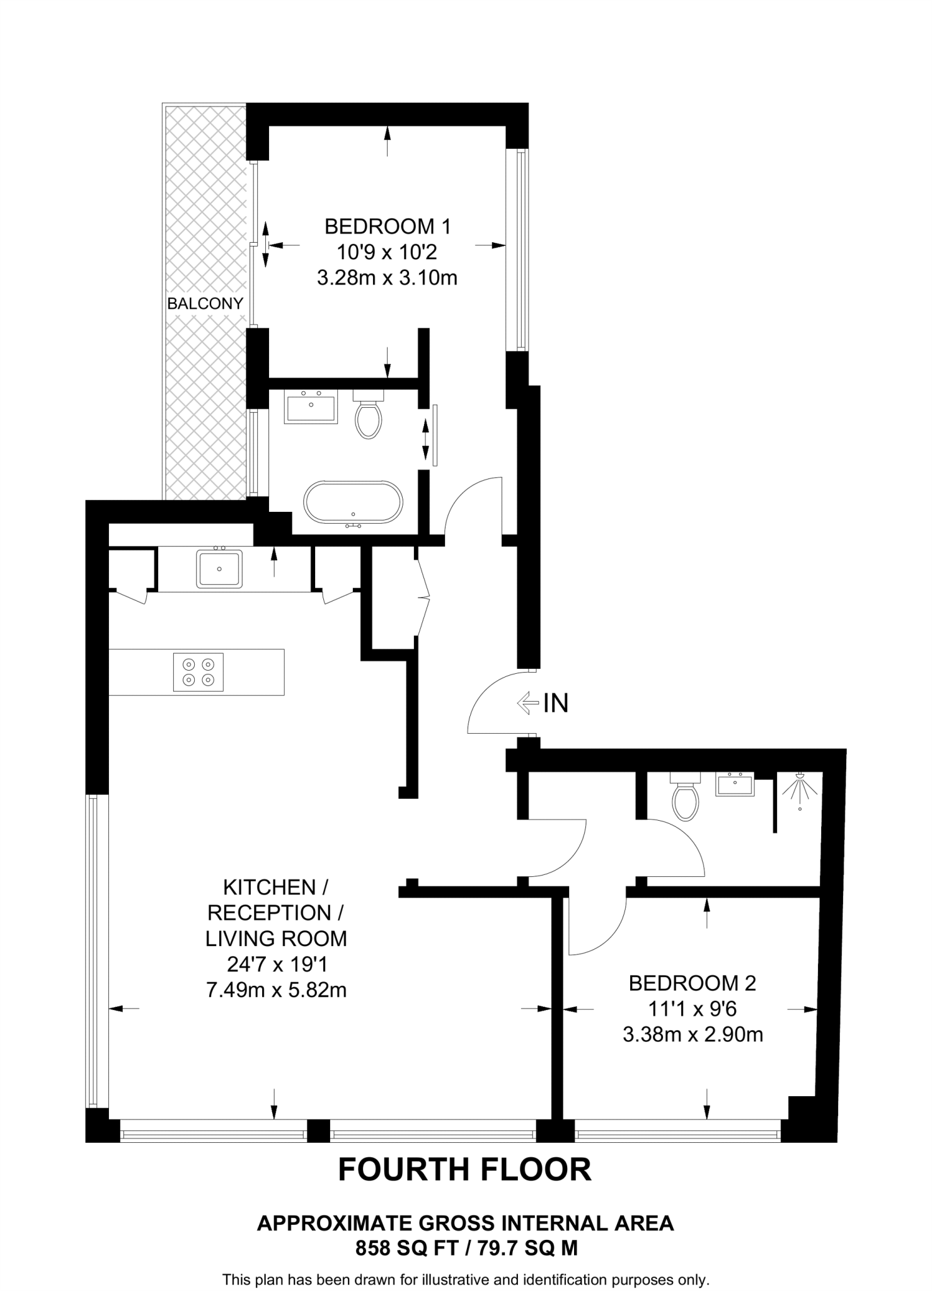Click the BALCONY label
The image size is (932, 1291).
(x=205, y=303)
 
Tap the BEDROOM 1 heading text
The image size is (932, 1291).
(x=387, y=226)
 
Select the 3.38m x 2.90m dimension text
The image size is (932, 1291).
(x=693, y=1034)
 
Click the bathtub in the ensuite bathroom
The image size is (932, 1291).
(x=353, y=502)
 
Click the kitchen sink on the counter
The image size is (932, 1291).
(x=219, y=569)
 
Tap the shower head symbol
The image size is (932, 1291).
(x=800, y=789)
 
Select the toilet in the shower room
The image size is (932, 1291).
(x=685, y=798)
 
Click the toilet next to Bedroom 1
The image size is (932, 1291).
(x=369, y=416)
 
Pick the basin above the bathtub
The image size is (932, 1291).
(x=311, y=407)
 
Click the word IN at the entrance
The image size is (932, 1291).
(x=556, y=703)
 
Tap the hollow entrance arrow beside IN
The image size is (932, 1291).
(x=527, y=702)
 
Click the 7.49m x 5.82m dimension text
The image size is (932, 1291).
(x=276, y=990)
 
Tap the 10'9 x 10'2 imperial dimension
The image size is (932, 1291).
(x=386, y=252)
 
